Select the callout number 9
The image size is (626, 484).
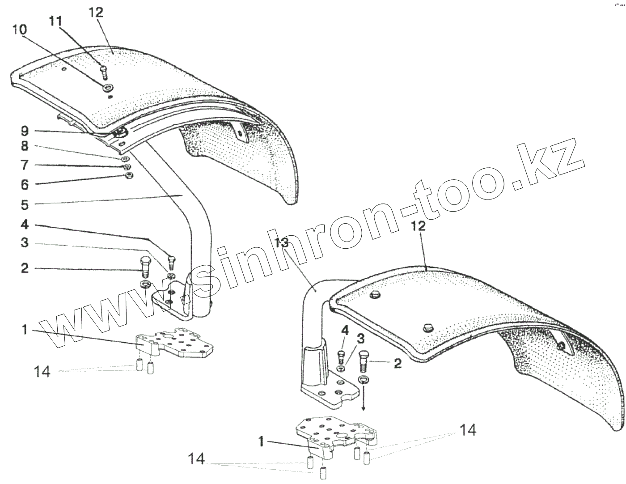(x=24, y=131)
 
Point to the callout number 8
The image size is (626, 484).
(x=24, y=146)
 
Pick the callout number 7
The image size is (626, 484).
(x=24, y=166)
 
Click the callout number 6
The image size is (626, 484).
(x=24, y=184)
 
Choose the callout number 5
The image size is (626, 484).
(x=24, y=205)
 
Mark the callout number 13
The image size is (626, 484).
(x=283, y=243)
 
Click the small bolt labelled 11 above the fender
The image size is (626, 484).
(x=104, y=72)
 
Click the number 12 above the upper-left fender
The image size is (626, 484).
(x=96, y=13)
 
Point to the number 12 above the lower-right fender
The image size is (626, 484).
(x=416, y=226)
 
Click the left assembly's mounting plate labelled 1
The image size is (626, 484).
(x=174, y=344)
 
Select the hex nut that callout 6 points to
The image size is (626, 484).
(x=129, y=175)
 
